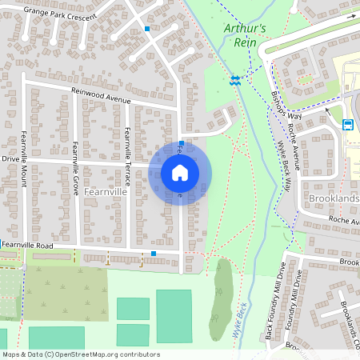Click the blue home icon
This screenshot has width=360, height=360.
click(x=180, y=172)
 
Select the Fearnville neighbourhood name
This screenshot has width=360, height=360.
click(x=105, y=193)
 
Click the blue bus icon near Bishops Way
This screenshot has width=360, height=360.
click(x=348, y=124)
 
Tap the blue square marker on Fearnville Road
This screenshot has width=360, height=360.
click(x=154, y=254)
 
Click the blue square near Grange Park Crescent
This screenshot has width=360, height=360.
click(x=147, y=29)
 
